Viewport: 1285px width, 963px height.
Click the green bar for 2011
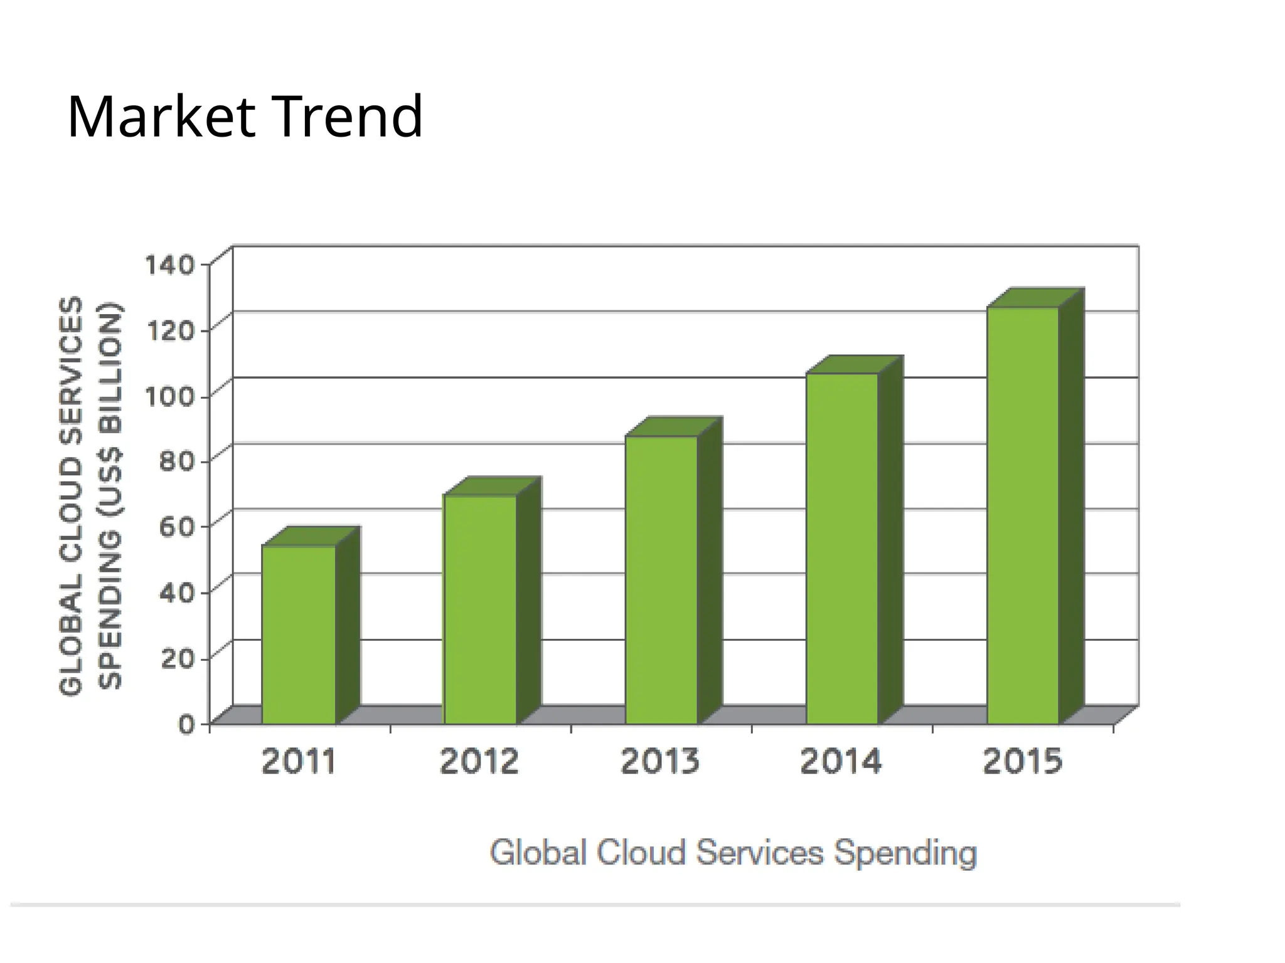tap(299, 634)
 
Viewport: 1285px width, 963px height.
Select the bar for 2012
tap(480, 609)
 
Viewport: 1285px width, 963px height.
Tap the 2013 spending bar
tap(661, 580)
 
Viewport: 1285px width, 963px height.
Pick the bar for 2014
tap(842, 549)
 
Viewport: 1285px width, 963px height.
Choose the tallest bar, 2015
tap(1023, 515)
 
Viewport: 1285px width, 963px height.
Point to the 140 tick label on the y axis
tap(170, 265)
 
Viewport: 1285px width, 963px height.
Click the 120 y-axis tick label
tap(170, 330)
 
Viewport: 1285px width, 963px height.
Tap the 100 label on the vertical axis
tap(170, 396)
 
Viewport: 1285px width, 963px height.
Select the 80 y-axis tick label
tap(177, 462)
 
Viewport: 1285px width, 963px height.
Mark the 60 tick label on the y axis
tap(177, 527)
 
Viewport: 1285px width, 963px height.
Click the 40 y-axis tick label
tap(177, 592)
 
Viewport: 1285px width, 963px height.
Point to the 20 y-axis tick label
tap(177, 658)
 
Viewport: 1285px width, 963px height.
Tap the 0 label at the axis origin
tap(186, 724)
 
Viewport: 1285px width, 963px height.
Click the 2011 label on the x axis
tap(299, 762)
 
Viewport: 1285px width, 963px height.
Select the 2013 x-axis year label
tap(660, 762)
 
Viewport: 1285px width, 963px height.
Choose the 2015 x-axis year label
tap(1023, 762)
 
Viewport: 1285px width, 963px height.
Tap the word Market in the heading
tap(161, 117)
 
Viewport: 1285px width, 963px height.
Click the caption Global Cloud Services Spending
tap(733, 853)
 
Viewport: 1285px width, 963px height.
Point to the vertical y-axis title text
tap(91, 495)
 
